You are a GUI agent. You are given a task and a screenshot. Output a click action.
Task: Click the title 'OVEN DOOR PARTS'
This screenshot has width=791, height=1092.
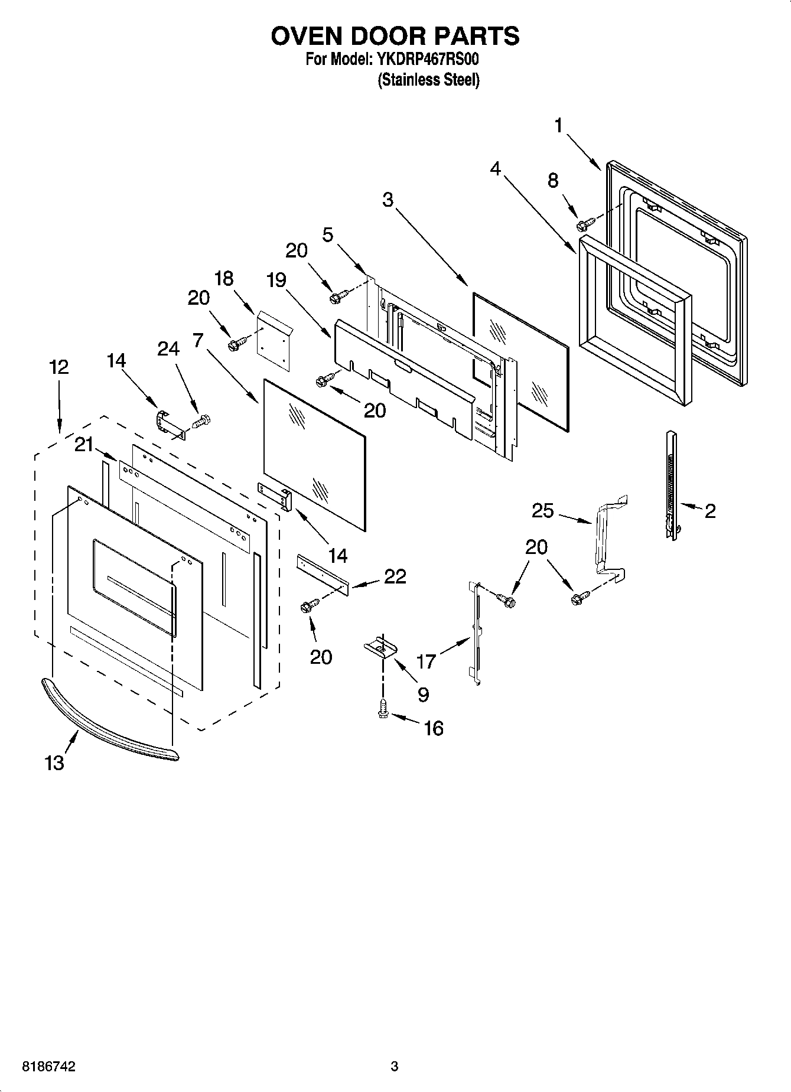tap(395, 36)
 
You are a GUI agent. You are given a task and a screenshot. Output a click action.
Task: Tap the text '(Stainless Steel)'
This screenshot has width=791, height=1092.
tap(428, 80)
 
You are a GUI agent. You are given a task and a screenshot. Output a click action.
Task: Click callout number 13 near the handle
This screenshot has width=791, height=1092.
tap(54, 762)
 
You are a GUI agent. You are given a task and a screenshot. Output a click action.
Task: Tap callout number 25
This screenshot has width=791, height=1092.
tap(543, 510)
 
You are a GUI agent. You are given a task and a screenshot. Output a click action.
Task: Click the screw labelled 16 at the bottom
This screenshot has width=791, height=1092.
tap(383, 708)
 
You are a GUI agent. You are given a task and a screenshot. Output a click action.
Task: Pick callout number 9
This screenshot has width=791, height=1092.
tap(423, 695)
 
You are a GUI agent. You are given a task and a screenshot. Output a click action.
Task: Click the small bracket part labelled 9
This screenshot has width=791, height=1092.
tap(380, 648)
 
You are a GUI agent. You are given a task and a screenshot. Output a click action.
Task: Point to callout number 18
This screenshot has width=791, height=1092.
tap(224, 278)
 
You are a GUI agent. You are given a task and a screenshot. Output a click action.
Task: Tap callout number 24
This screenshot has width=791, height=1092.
tap(168, 349)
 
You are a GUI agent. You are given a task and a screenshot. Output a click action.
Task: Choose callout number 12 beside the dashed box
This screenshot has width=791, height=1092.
tap(58, 367)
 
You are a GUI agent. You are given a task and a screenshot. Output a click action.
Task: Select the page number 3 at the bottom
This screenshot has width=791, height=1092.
tap(395, 1067)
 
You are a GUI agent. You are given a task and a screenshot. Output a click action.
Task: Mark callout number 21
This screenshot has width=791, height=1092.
tap(84, 444)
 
